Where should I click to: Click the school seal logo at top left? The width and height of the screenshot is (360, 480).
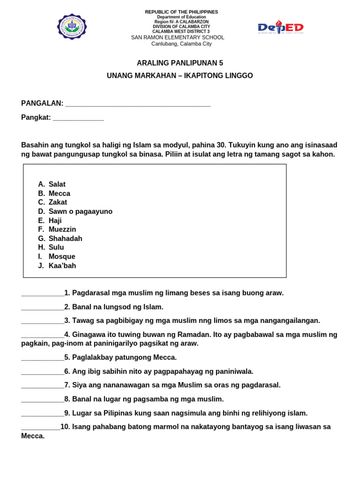point(72,27)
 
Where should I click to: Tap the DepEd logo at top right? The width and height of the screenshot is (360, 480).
point(281,28)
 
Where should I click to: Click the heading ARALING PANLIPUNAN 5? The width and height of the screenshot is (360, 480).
point(180,63)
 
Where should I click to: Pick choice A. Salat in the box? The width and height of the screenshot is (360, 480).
point(52,184)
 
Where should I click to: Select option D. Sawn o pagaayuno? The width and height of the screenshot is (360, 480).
point(75,211)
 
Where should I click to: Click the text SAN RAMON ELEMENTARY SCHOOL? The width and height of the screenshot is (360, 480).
point(178,37)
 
